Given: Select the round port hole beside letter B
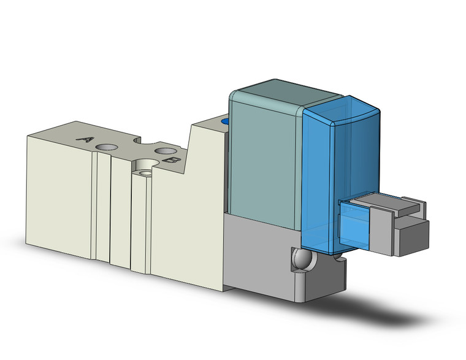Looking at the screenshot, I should [x=164, y=150].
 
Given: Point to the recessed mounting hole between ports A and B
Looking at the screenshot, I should [x=145, y=167].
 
